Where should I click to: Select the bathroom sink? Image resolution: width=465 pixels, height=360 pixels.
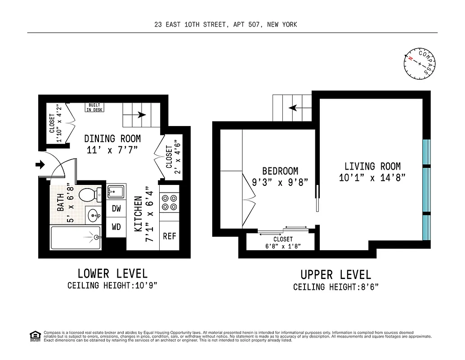tap(94, 216)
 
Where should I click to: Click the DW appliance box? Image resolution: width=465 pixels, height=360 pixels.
tap(116, 208)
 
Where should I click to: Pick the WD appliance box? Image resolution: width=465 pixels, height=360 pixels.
tap(116, 227)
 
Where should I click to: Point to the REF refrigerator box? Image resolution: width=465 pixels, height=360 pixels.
tap(169, 236)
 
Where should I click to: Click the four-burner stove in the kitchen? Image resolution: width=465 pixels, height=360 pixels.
tap(169, 202)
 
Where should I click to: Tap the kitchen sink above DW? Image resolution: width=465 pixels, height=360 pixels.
tap(116, 192)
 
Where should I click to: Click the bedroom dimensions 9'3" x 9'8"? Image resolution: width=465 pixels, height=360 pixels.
tap(280, 183)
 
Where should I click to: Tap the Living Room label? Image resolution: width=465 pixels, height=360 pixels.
tap(372, 166)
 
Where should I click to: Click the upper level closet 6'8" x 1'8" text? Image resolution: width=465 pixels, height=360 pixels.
tap(282, 246)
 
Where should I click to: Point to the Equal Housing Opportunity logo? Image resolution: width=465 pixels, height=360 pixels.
tap(34, 336)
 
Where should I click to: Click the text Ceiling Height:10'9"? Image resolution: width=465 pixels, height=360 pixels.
tap(112, 285)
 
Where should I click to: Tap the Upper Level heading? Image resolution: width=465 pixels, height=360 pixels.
tap(336, 274)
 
